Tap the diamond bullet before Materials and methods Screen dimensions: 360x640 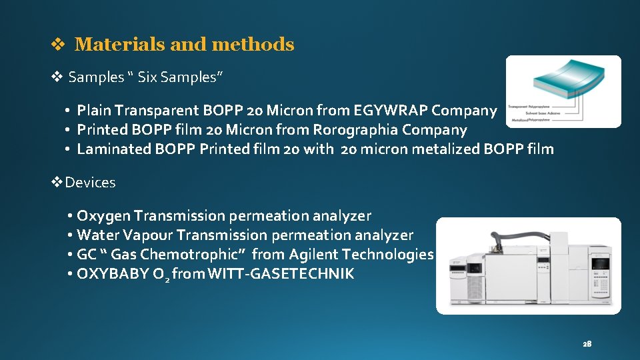[58, 45]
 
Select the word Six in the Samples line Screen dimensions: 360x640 [149, 77]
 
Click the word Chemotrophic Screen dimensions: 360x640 [203, 255]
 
